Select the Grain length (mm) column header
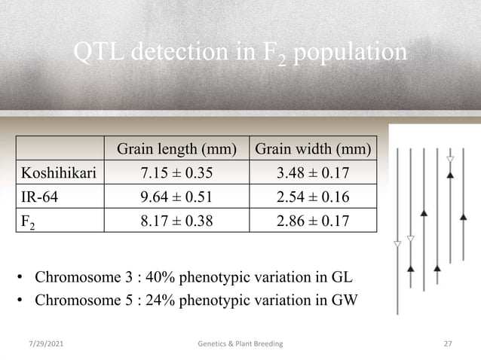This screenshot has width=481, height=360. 175,148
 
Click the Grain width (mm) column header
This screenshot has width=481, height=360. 313,148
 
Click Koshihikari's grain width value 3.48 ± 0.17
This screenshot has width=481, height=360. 313,175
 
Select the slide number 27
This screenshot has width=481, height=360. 447,343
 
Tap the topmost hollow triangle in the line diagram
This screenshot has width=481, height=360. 450,160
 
